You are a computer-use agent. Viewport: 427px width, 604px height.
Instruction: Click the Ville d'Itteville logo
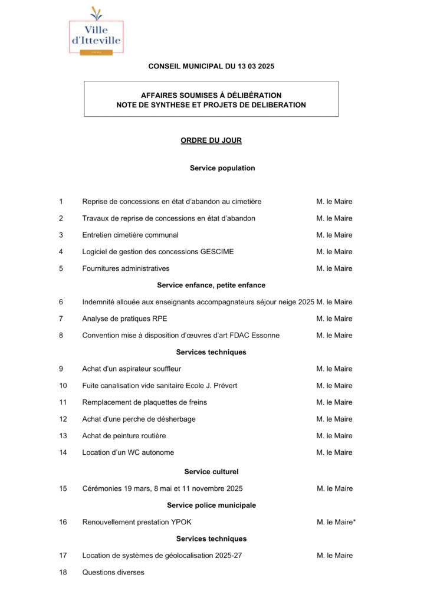pyautogui.click(x=96, y=32)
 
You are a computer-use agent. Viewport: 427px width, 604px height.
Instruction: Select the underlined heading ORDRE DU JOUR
pyautogui.click(x=211, y=140)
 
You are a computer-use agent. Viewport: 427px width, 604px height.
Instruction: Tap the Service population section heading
pyautogui.click(x=222, y=168)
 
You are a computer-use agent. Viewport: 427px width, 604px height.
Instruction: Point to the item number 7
pyautogui.click(x=61, y=319)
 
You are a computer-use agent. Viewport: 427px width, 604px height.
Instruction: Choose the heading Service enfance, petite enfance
pyautogui.click(x=211, y=285)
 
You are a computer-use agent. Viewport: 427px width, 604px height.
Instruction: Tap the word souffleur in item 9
pyautogui.click(x=166, y=369)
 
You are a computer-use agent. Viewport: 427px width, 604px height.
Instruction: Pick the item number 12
pyautogui.click(x=63, y=419)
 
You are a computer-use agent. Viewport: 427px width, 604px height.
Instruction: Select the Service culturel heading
pyautogui.click(x=211, y=472)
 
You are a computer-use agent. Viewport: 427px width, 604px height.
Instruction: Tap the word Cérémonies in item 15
pyautogui.click(x=102, y=488)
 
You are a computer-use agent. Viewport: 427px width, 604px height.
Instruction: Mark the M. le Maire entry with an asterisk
pyautogui.click(x=336, y=522)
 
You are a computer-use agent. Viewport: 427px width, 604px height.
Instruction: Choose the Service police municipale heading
pyautogui.click(x=211, y=505)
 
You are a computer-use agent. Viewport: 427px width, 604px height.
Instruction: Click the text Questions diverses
pyautogui.click(x=113, y=572)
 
